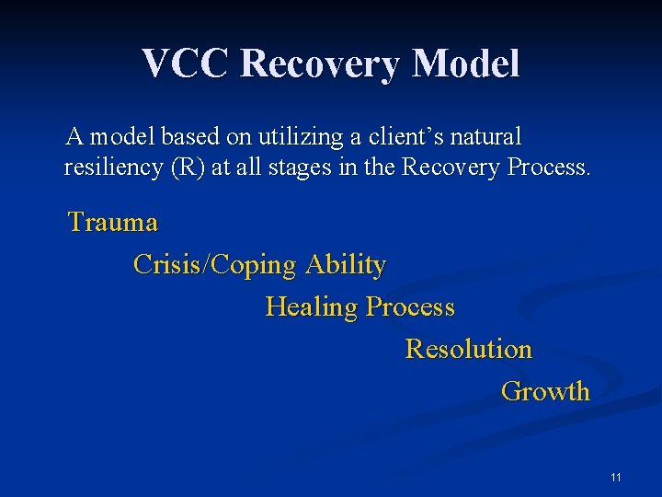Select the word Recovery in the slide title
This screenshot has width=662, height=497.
coord(321,64)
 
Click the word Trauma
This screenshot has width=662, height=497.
coord(113,223)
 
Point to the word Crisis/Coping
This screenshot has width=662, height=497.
coord(215,265)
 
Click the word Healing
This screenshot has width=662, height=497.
coord(312,306)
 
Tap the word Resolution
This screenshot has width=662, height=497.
coord(468,350)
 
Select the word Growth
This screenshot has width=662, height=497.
coord(545,391)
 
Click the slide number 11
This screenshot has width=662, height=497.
coord(615,477)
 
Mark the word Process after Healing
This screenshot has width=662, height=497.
coord(410,306)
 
